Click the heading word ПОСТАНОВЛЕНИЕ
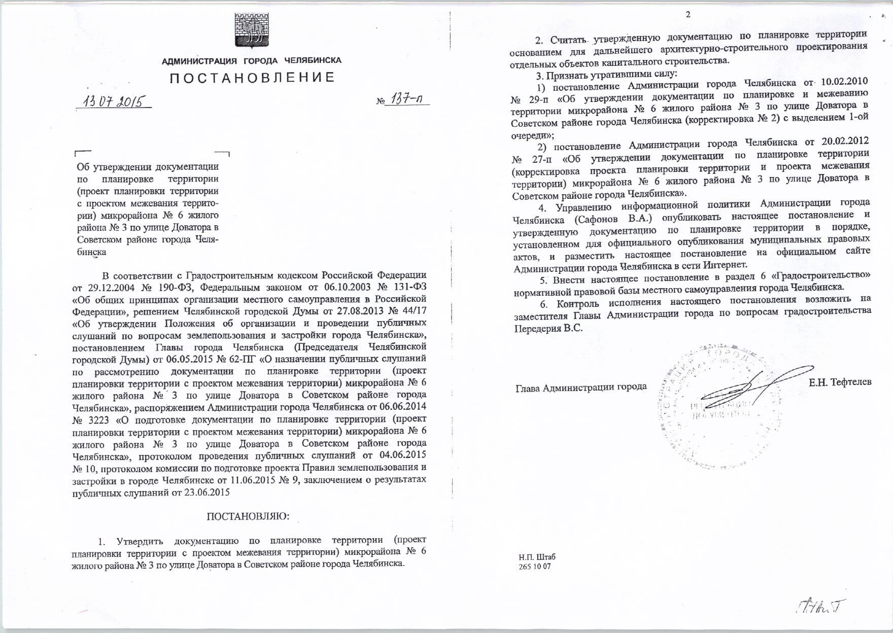tap(252, 78)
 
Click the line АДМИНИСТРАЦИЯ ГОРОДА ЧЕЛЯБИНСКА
tap(251, 61)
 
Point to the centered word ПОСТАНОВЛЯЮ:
tap(248, 516)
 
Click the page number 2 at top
tap(688, 15)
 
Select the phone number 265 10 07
tap(535, 567)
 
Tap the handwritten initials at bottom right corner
tap(821, 607)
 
